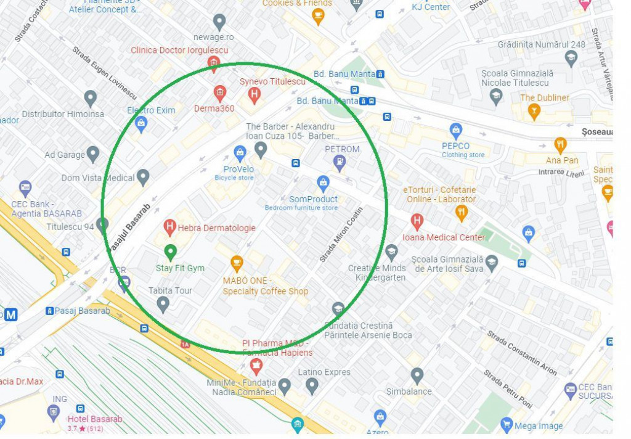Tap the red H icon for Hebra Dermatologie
[170, 228]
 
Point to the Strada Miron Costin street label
[341, 235]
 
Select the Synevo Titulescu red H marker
[253, 95]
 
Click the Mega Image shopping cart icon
[507, 425]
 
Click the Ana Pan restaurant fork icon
[560, 145]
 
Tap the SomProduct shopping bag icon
[323, 183]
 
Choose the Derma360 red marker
[220, 93]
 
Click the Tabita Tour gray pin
[163, 304]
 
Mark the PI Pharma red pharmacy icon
[256, 367]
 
